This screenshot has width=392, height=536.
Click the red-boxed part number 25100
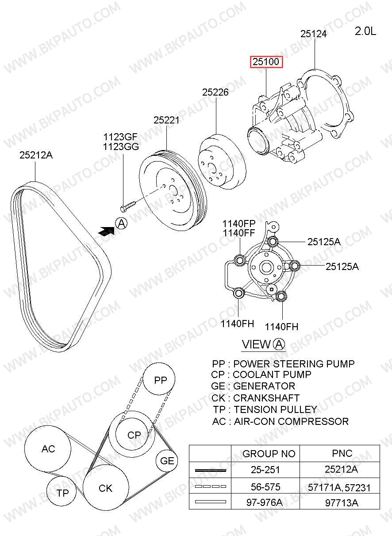[266, 62]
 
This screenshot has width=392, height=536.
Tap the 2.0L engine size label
[365, 31]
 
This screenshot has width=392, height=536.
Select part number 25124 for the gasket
[313, 34]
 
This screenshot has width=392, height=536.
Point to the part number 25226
[215, 92]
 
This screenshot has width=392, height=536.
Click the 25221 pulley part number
[166, 120]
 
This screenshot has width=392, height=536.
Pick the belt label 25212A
[36, 155]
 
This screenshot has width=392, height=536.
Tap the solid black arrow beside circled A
[106, 231]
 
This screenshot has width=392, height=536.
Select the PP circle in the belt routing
[159, 379]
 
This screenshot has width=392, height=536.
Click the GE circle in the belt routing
[167, 461]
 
